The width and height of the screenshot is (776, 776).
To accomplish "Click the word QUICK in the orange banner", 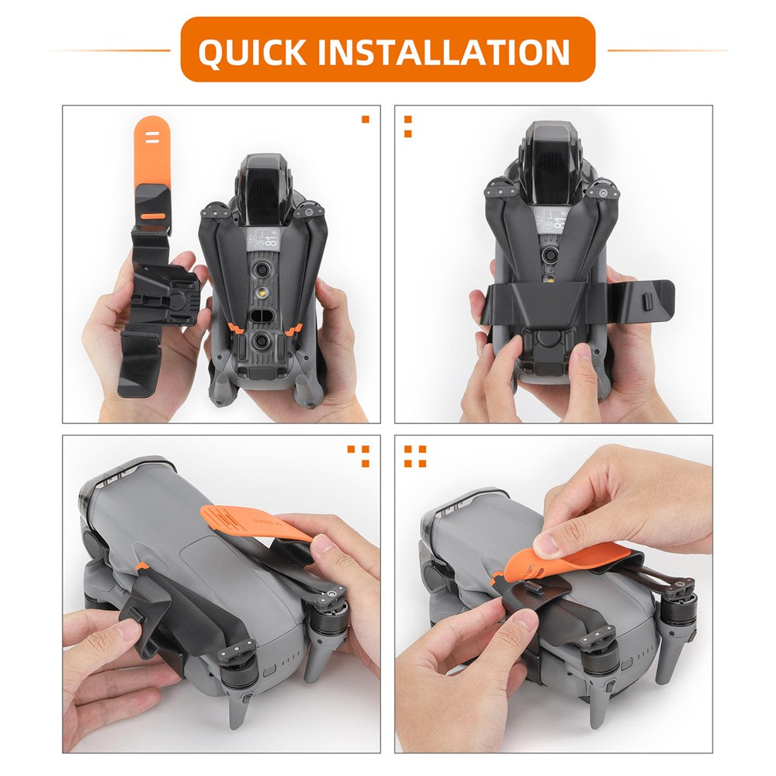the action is pyautogui.click(x=252, y=51).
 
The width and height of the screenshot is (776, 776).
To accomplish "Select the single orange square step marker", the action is pyautogui.click(x=365, y=120).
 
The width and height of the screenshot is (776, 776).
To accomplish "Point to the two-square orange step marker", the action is pyautogui.click(x=408, y=126).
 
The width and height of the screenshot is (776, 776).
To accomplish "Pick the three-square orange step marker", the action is pyautogui.click(x=361, y=456).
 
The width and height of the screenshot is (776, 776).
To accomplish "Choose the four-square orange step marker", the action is pyautogui.click(x=414, y=456).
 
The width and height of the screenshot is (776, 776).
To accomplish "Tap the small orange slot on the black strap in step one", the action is pyautogui.click(x=152, y=216).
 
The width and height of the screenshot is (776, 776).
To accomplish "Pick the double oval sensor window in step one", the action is pyautogui.click(x=261, y=316).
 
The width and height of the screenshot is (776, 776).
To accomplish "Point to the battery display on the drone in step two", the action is pyautogui.click(x=553, y=220).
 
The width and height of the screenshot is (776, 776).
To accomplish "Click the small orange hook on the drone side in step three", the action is pyautogui.click(x=141, y=567).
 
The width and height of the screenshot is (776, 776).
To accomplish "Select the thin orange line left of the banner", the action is pyautogui.click(x=109, y=50).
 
